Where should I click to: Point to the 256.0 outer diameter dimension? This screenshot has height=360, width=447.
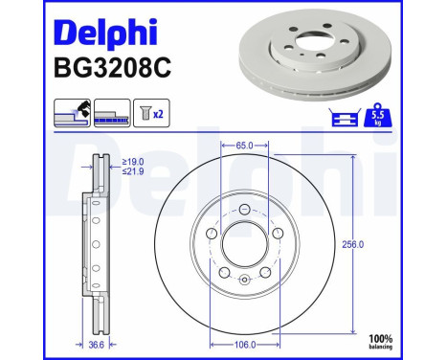[354, 245]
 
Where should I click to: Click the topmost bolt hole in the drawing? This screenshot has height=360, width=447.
[243, 211]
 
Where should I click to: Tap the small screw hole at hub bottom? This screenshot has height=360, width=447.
[243, 280]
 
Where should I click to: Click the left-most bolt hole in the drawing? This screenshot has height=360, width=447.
[211, 235]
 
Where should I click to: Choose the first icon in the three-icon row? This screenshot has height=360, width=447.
[73, 112]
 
